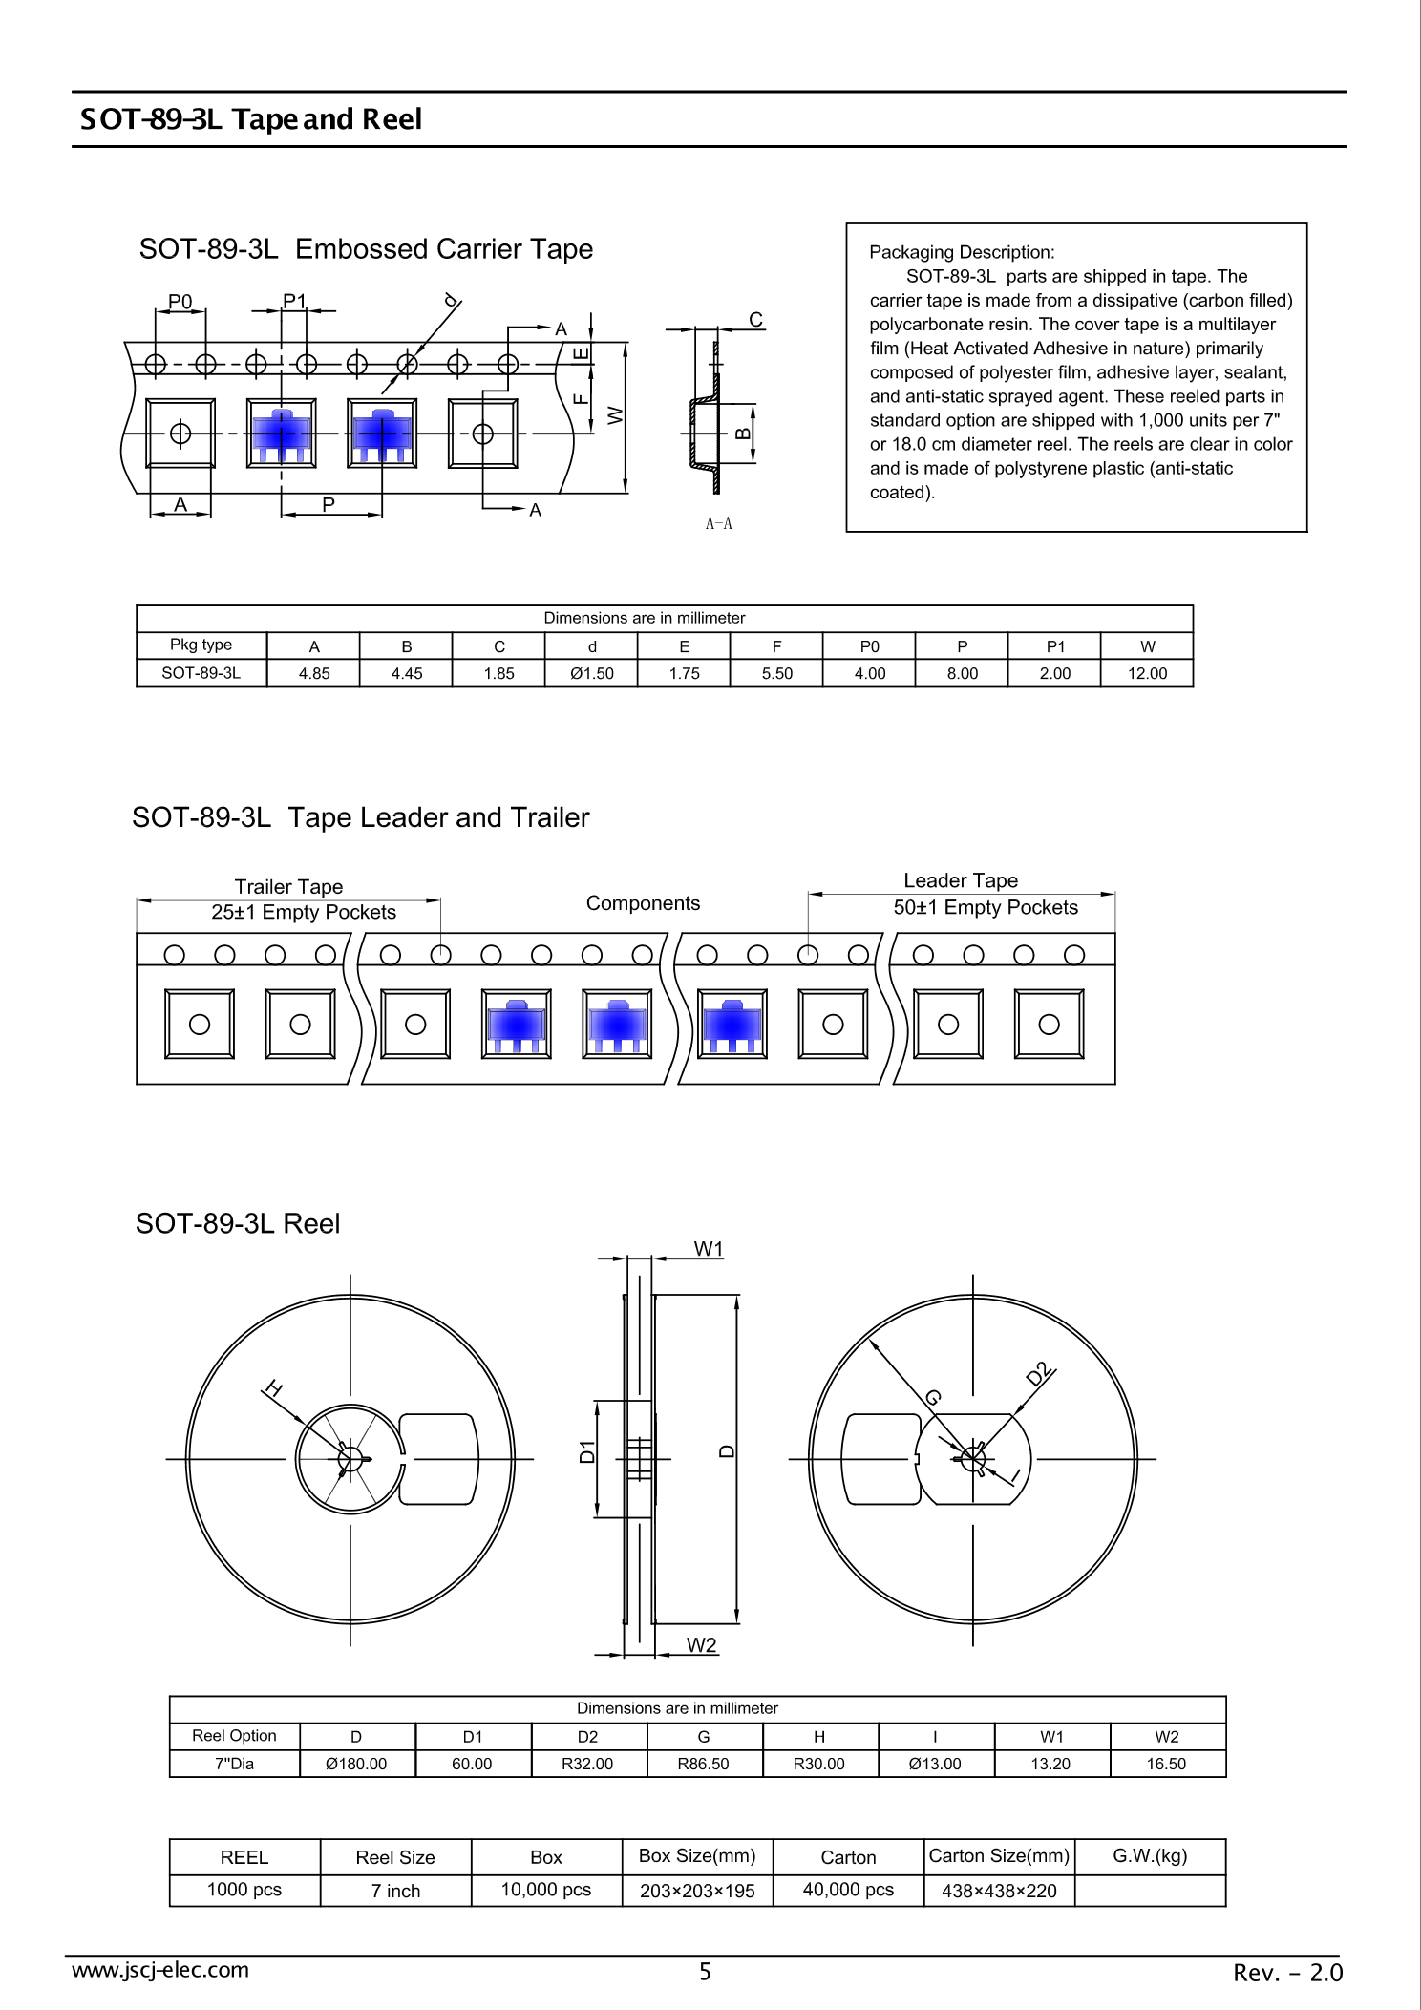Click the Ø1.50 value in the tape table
pyautogui.click(x=591, y=673)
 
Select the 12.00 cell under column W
pyautogui.click(x=1147, y=673)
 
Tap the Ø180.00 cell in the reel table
pyautogui.click(x=356, y=1764)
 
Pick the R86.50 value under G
pyautogui.click(x=703, y=1764)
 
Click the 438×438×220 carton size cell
pyautogui.click(x=999, y=1891)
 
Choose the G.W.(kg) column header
pyautogui.click(x=1150, y=1855)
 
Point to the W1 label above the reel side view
pyautogui.click(x=709, y=1249)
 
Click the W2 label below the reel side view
pyautogui.click(x=701, y=1644)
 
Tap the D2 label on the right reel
pyautogui.click(x=1039, y=1374)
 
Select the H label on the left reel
pyautogui.click(x=273, y=1388)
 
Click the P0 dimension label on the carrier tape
pyautogui.click(x=180, y=302)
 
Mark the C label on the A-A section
pyautogui.click(x=755, y=319)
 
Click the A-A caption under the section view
pyautogui.click(x=718, y=523)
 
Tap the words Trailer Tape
pyautogui.click(x=288, y=886)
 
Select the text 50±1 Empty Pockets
pyautogui.click(x=986, y=907)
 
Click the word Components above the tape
pyautogui.click(x=643, y=903)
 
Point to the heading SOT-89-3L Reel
pyautogui.click(x=238, y=1223)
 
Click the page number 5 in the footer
pyautogui.click(x=705, y=1971)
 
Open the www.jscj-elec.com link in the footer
pyautogui.click(x=160, y=1969)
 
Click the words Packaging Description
pyautogui.click(x=961, y=252)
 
